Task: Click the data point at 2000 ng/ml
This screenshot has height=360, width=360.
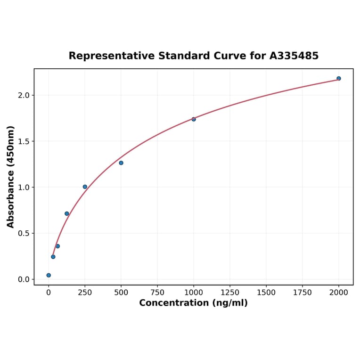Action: pos(339,78)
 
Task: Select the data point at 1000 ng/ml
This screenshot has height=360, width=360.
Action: pos(194,119)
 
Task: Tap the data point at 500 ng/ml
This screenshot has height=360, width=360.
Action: pos(121,163)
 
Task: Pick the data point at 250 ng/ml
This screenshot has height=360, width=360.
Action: pos(85,187)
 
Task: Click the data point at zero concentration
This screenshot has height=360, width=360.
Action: pos(49,275)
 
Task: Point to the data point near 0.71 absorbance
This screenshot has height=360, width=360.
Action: pos(67,213)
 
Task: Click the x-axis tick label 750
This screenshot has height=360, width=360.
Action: pos(157,293)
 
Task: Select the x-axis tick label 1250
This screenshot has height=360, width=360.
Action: pos(230,293)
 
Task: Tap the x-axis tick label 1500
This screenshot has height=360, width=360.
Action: pos(266,293)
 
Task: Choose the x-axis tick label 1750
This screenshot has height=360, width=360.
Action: pos(303,293)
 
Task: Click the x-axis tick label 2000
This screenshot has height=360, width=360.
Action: pos(339,293)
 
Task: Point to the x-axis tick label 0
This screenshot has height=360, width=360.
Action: pos(49,293)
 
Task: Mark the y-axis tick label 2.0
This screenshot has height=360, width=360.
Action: pos(24,95)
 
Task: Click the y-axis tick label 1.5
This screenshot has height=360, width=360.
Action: pos(24,141)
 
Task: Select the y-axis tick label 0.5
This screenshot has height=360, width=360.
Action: pos(24,233)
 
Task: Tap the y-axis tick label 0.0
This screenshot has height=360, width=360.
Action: pos(24,279)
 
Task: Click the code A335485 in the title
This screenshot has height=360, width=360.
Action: pos(294,56)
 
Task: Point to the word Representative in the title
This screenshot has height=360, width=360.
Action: pos(111,56)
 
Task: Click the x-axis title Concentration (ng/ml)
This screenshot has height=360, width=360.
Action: pos(193,303)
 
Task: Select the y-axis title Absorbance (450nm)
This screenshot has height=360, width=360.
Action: pos(10,177)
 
